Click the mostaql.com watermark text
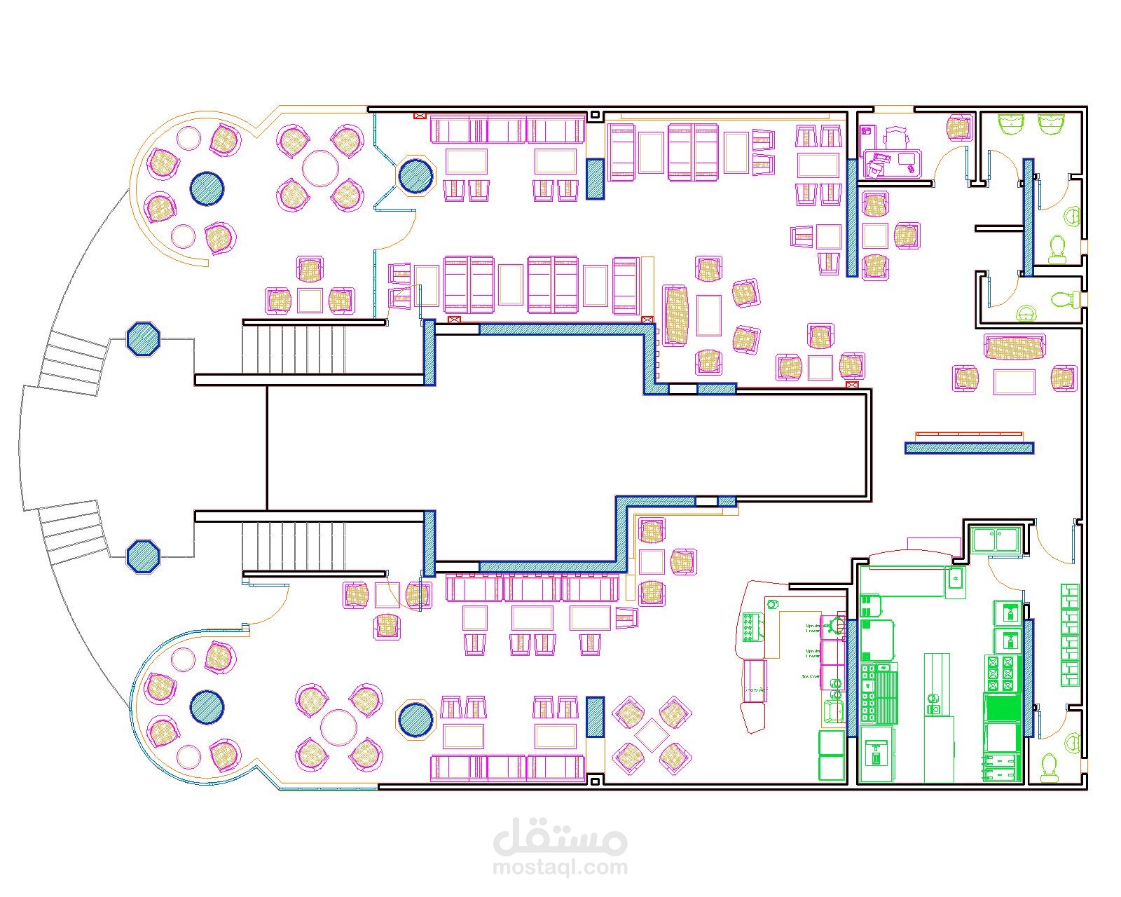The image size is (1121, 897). [x=560, y=868]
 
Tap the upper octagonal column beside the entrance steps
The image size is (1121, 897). [x=144, y=339]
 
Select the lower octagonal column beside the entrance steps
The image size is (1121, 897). [x=144, y=556]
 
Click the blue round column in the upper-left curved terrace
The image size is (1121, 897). [x=207, y=189]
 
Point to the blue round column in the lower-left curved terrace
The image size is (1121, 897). [x=207, y=707]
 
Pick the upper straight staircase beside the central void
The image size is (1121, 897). [x=294, y=349]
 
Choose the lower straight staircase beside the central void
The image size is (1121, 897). [x=294, y=546]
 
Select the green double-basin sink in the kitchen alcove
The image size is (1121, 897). [x=995, y=540]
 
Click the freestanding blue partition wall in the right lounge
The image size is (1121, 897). [x=969, y=448]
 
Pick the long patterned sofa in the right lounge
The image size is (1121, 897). [x=1014, y=348]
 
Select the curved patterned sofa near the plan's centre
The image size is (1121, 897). [x=676, y=315]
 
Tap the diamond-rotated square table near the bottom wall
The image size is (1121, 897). [x=652, y=734]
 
